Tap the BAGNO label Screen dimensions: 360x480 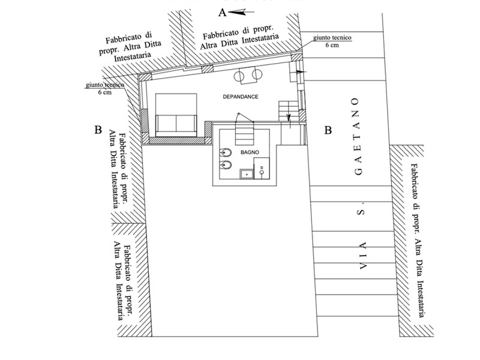(x=250, y=153)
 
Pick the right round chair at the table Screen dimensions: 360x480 (x=257, y=75)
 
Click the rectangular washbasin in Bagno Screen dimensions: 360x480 (x=246, y=175)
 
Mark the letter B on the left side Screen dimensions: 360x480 (x=97, y=129)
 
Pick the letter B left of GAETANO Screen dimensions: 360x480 (x=328, y=130)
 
